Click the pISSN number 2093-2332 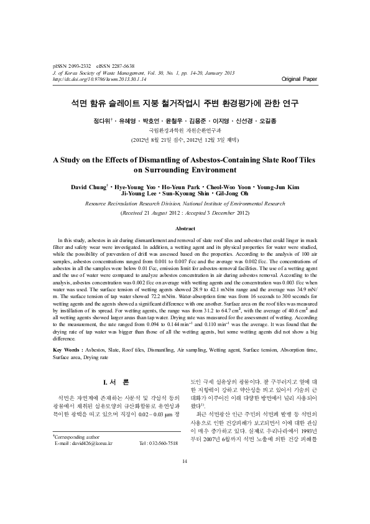point(81,66)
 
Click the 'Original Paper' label point(298,80)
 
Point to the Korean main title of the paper point(185,102)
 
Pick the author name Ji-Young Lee point(145,194)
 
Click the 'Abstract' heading point(185,228)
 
